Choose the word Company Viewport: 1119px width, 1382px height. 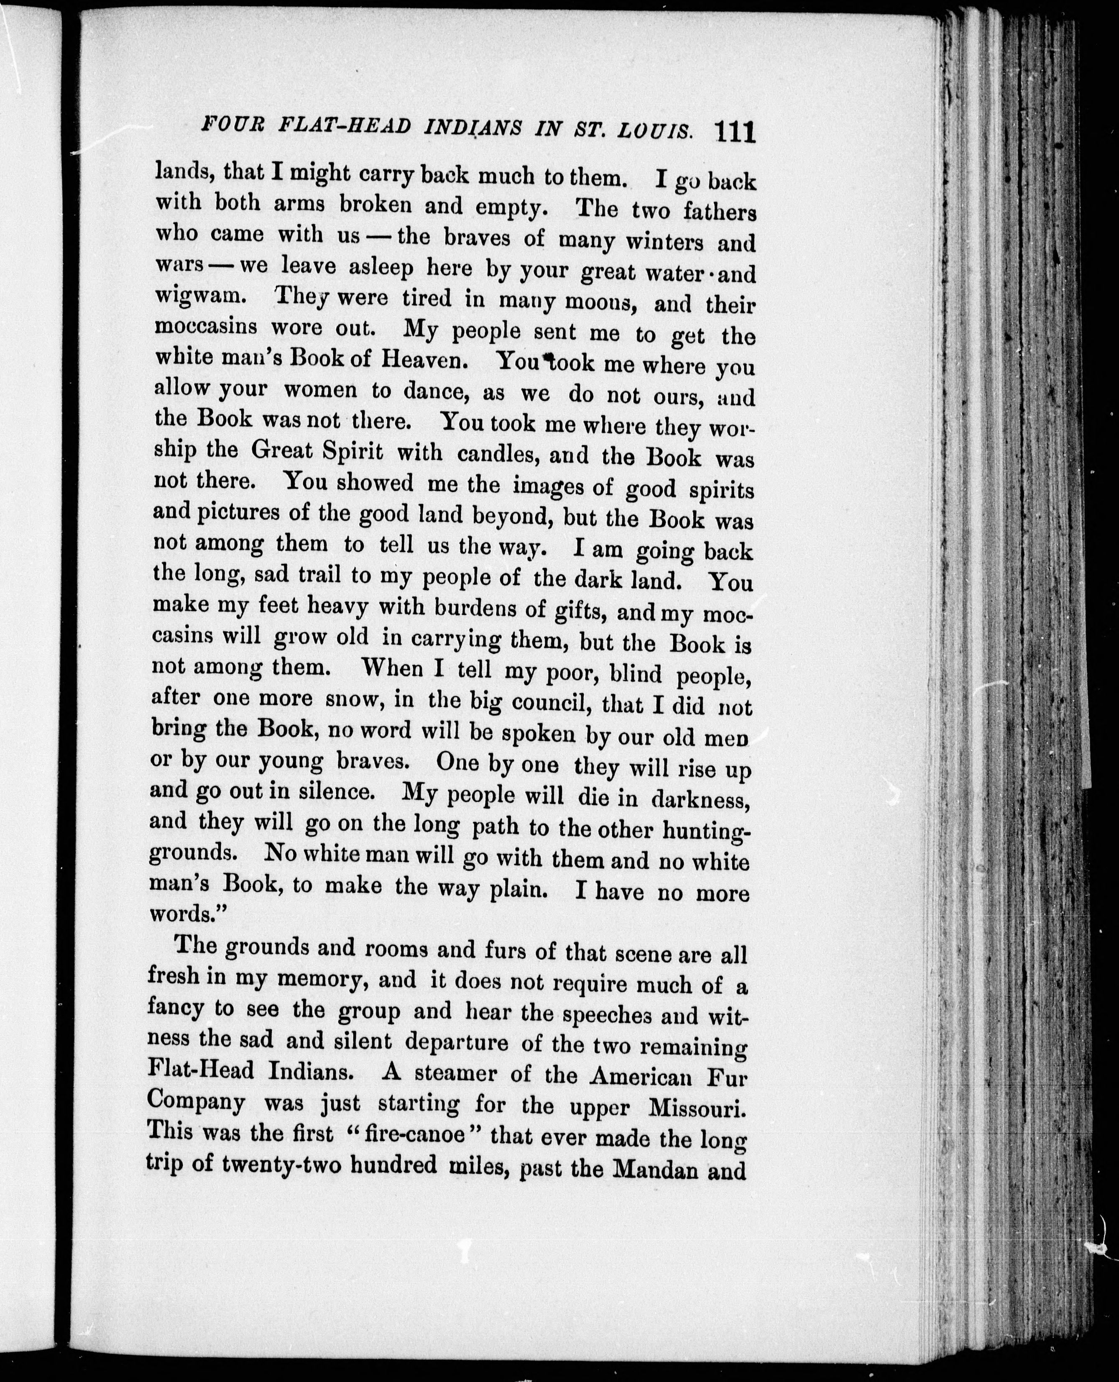196,1102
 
